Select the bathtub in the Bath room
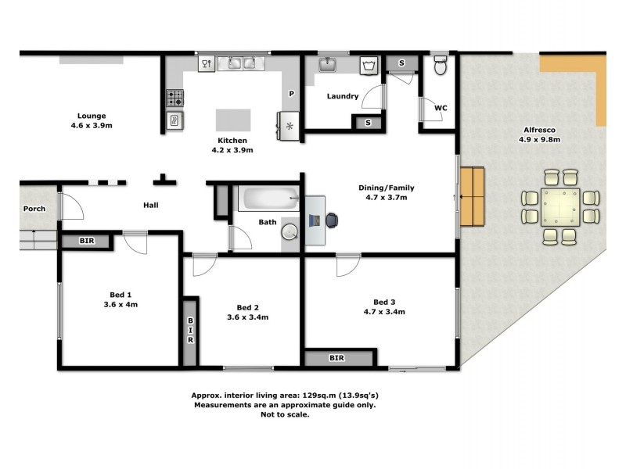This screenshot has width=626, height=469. coord(269,199)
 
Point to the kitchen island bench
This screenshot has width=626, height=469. coord(234,120)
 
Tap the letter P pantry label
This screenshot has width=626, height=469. coord(291,94)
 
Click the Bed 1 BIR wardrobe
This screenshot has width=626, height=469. coord(87,241)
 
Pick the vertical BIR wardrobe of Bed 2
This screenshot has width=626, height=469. coord(190,331)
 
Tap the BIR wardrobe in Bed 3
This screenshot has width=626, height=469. coord(336,357)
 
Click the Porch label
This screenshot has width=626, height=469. coord(34,209)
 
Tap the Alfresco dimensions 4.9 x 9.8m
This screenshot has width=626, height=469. coord(540,140)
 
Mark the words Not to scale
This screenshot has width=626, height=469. coord(285,415)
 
